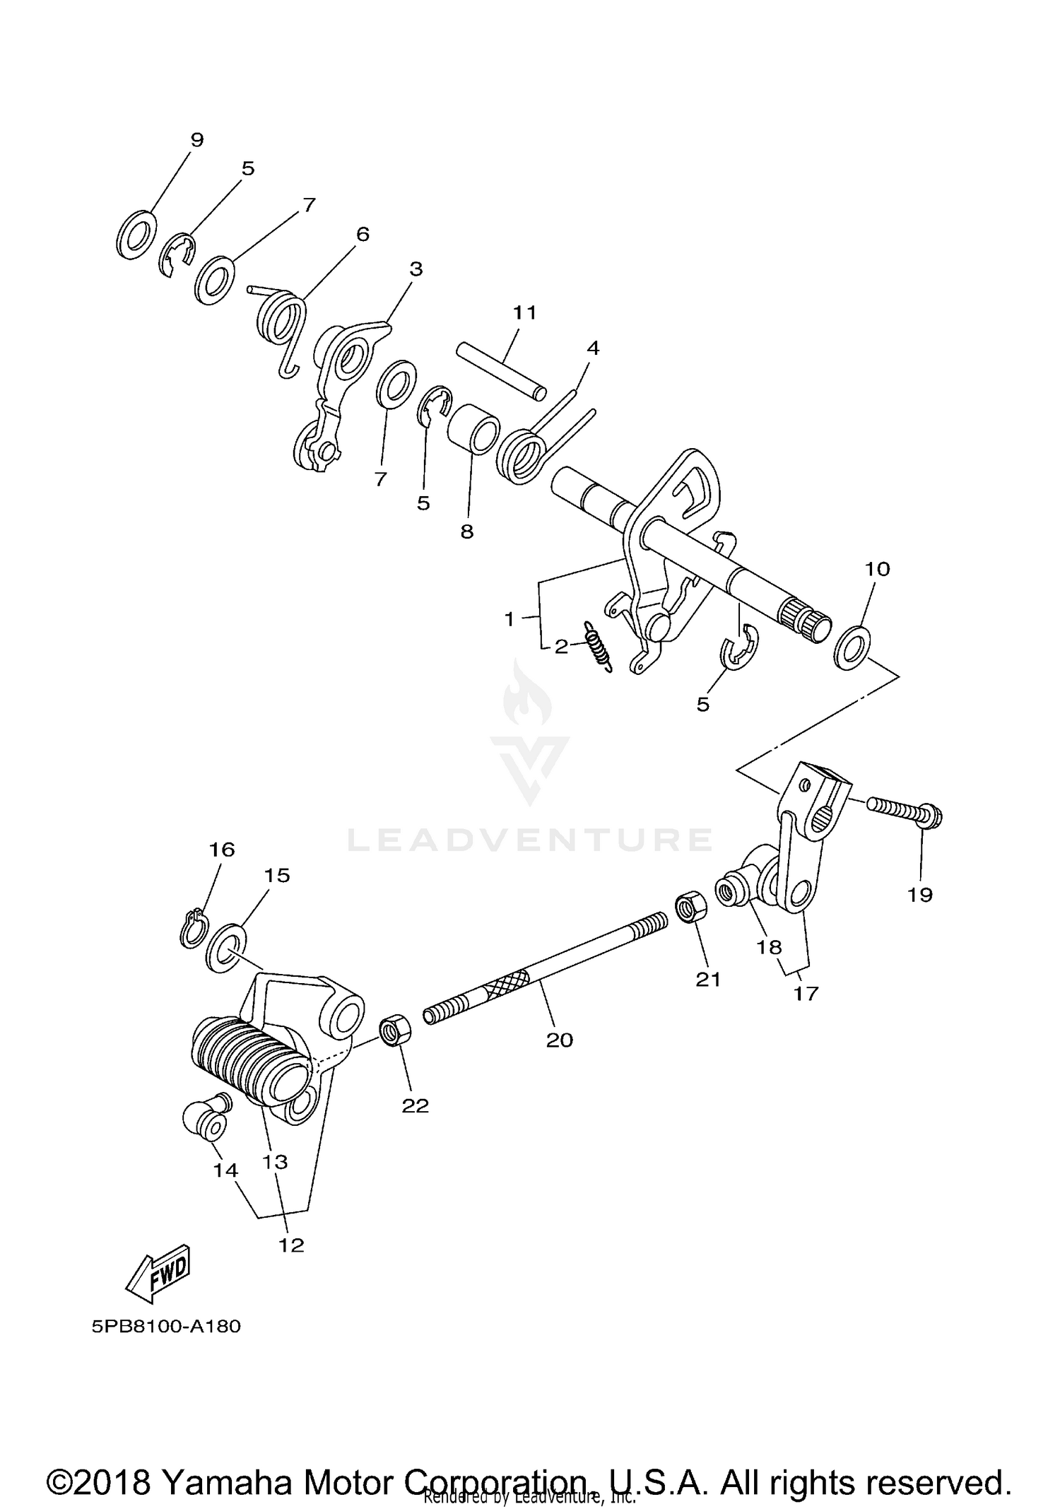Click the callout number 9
pos(196,140)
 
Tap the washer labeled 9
pos(135,233)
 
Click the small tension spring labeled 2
pos(597,644)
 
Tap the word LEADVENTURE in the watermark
pos(530,840)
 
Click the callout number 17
pos(806,994)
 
